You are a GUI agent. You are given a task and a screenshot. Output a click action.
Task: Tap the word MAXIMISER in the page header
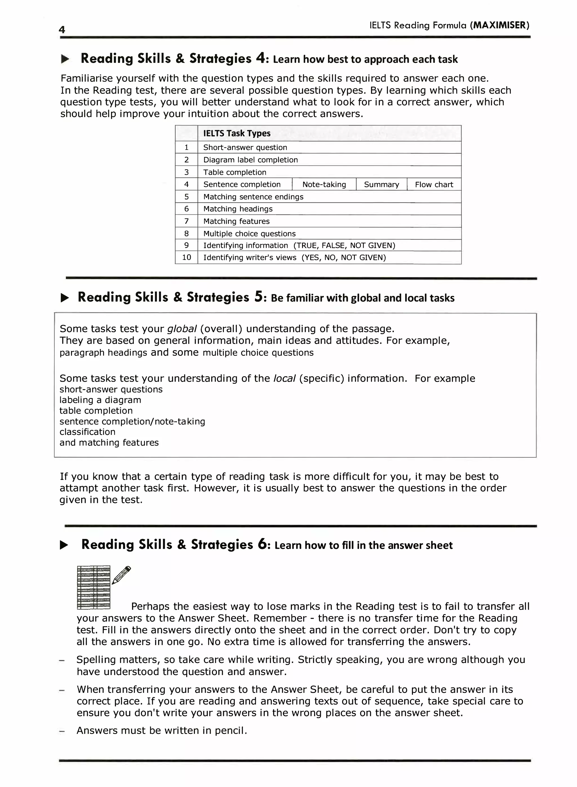click(500, 25)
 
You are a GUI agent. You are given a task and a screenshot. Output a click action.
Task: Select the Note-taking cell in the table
click(324, 185)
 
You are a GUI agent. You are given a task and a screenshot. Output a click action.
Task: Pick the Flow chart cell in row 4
click(434, 185)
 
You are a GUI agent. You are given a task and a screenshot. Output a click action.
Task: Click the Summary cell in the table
click(381, 185)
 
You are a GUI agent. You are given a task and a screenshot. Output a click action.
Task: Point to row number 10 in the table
click(187, 258)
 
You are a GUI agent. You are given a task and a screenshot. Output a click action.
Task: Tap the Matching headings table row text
click(238, 209)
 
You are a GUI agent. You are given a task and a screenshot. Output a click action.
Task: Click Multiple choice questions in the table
click(249, 233)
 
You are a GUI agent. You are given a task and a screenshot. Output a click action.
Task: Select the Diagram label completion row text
click(250, 160)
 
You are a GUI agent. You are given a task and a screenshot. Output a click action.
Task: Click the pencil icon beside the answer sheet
click(121, 575)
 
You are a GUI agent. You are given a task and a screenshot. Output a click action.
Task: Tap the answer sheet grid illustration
click(93, 587)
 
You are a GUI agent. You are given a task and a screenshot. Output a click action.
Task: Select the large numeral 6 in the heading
click(262, 544)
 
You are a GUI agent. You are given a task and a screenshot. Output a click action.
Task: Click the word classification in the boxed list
click(87, 432)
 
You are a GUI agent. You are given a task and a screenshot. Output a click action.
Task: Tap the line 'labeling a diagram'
click(100, 400)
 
